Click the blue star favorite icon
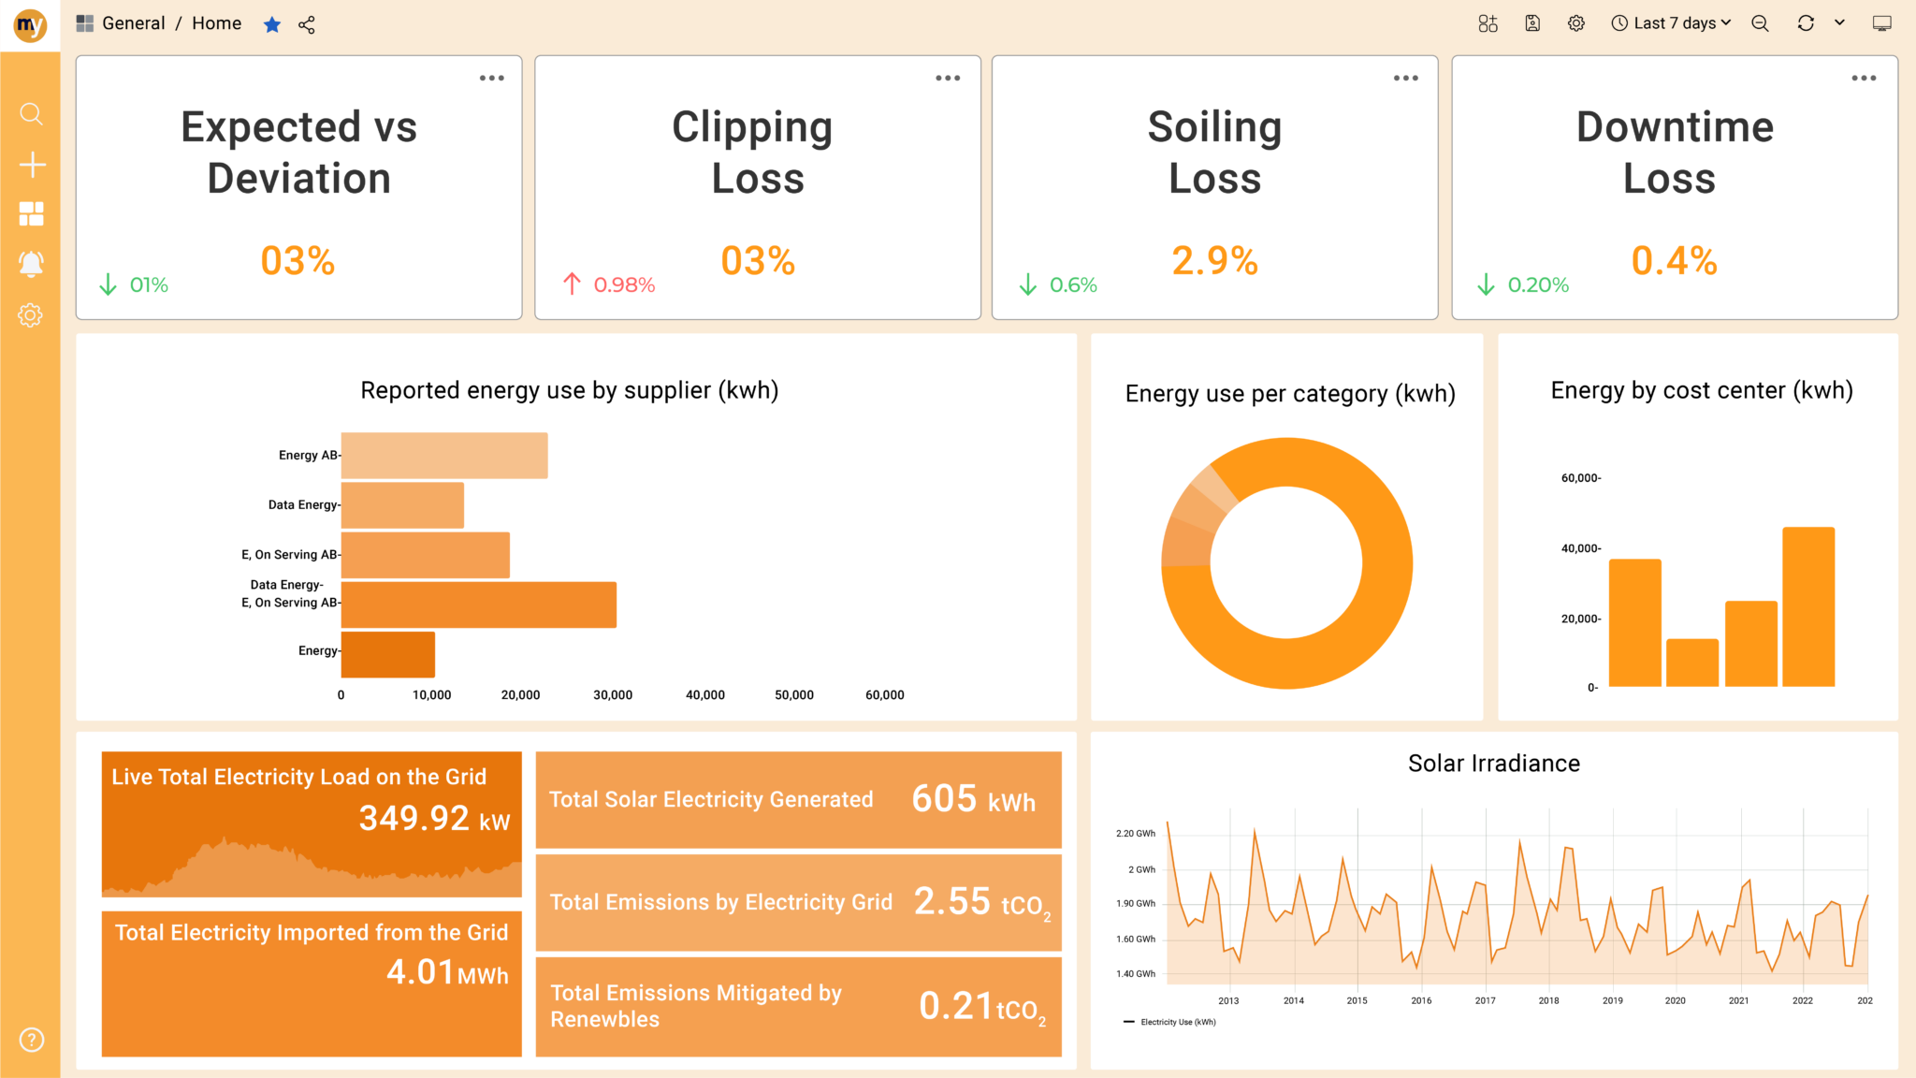(x=272, y=24)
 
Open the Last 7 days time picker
(x=1671, y=23)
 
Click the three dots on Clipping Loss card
(x=948, y=79)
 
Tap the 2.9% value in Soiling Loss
(x=1214, y=261)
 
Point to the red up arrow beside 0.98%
(x=572, y=284)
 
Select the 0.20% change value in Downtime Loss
(x=1538, y=284)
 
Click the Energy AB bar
(x=444, y=456)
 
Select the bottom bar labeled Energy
(x=388, y=654)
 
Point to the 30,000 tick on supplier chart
(x=613, y=694)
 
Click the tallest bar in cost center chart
(x=1807, y=606)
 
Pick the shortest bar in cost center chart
(x=1691, y=663)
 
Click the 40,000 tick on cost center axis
(x=1580, y=548)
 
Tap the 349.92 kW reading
(x=434, y=819)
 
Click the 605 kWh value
(x=973, y=800)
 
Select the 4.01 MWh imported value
(x=447, y=972)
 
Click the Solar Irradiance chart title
(x=1493, y=764)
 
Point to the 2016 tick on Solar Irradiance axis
(x=1421, y=1000)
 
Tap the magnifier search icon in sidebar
(x=31, y=114)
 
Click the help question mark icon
(x=31, y=1040)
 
